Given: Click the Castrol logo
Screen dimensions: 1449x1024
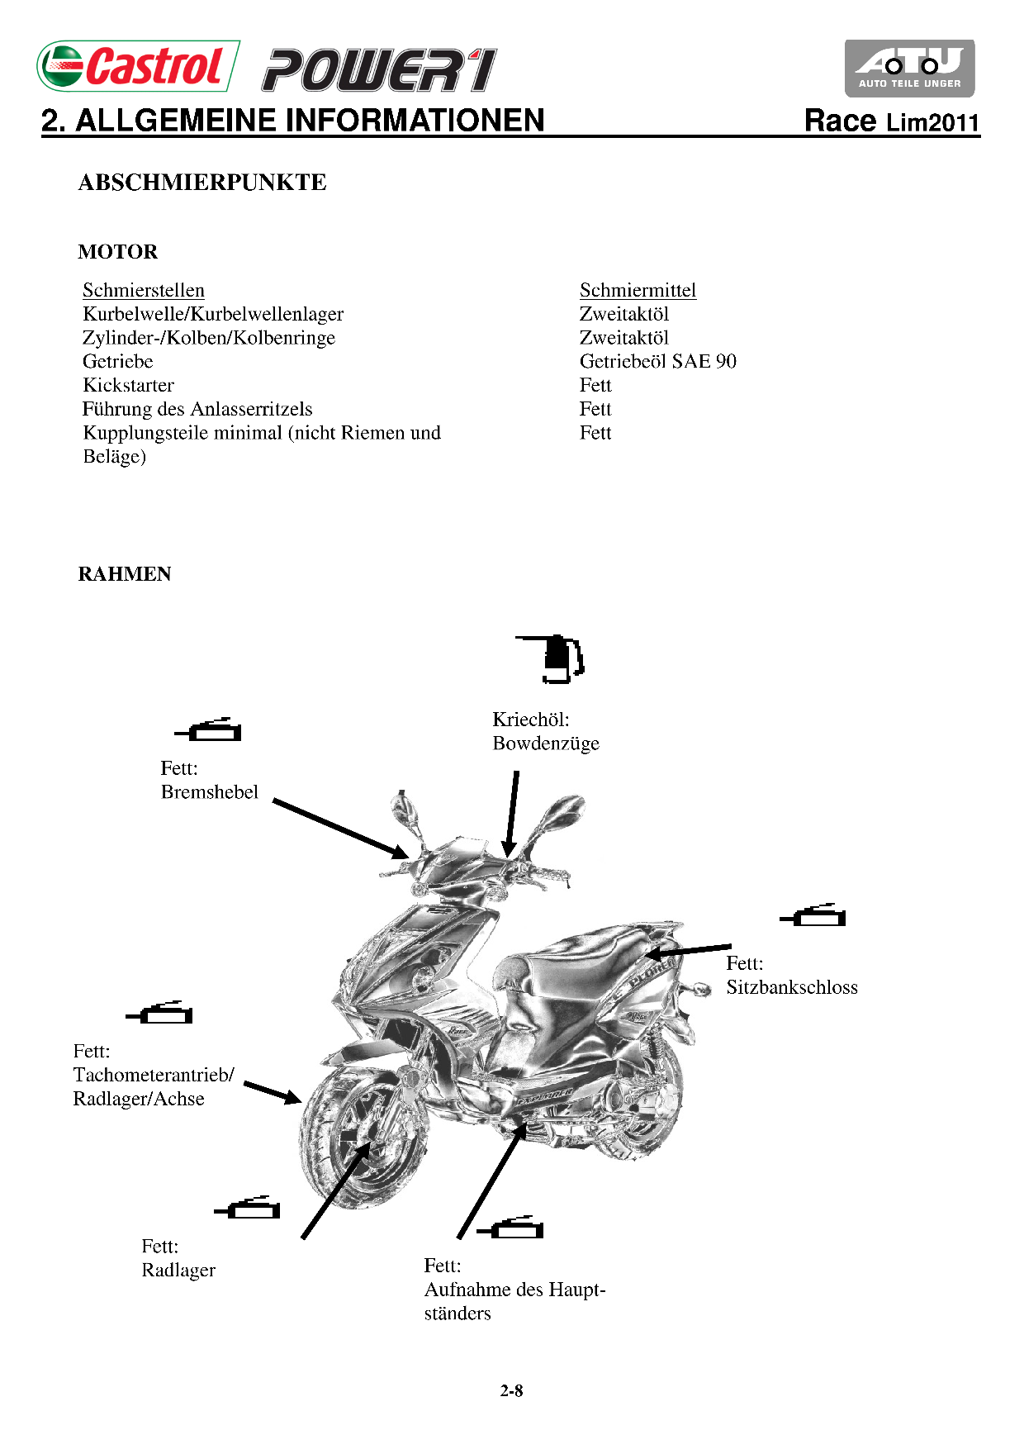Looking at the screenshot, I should [138, 66].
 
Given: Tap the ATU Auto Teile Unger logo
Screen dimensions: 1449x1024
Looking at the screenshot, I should [909, 68].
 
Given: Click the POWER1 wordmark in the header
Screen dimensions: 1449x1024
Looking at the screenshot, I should [379, 70].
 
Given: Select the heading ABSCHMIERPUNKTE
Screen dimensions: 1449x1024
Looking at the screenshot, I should [202, 183].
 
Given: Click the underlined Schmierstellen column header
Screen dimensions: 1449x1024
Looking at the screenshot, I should [144, 290].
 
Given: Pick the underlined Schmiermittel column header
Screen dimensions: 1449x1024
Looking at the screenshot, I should [638, 290].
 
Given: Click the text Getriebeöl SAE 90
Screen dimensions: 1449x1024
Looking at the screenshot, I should [657, 361].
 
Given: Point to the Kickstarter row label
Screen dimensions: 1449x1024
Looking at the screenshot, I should [129, 385].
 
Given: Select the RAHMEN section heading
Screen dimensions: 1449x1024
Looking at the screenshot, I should [125, 574].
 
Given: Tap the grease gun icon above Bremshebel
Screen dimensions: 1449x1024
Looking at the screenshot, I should [210, 730].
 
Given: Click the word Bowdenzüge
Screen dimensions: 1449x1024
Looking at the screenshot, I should [546, 744].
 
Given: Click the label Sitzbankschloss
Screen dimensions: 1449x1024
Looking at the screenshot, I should [792, 987].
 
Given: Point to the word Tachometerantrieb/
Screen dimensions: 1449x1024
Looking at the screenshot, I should [154, 1075].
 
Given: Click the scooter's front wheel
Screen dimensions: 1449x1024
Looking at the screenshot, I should [364, 1140].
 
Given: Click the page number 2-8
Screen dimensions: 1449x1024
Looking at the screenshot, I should [511, 1391].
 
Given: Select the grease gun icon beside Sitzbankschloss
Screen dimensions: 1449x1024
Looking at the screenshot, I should [814, 915].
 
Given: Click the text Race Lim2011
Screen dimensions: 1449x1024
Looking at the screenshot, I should [892, 121].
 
